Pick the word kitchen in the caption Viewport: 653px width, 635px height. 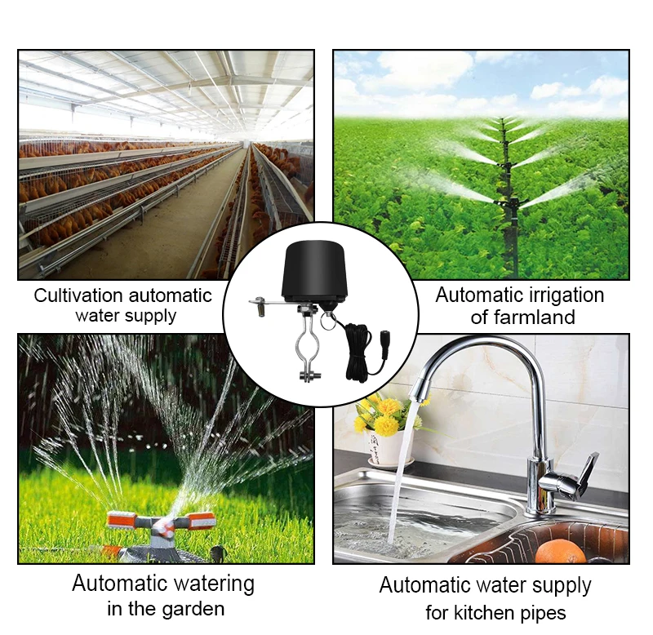pos(490,612)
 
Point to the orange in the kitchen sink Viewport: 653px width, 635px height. pos(561,552)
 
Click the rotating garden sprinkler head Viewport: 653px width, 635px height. pos(161,522)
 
